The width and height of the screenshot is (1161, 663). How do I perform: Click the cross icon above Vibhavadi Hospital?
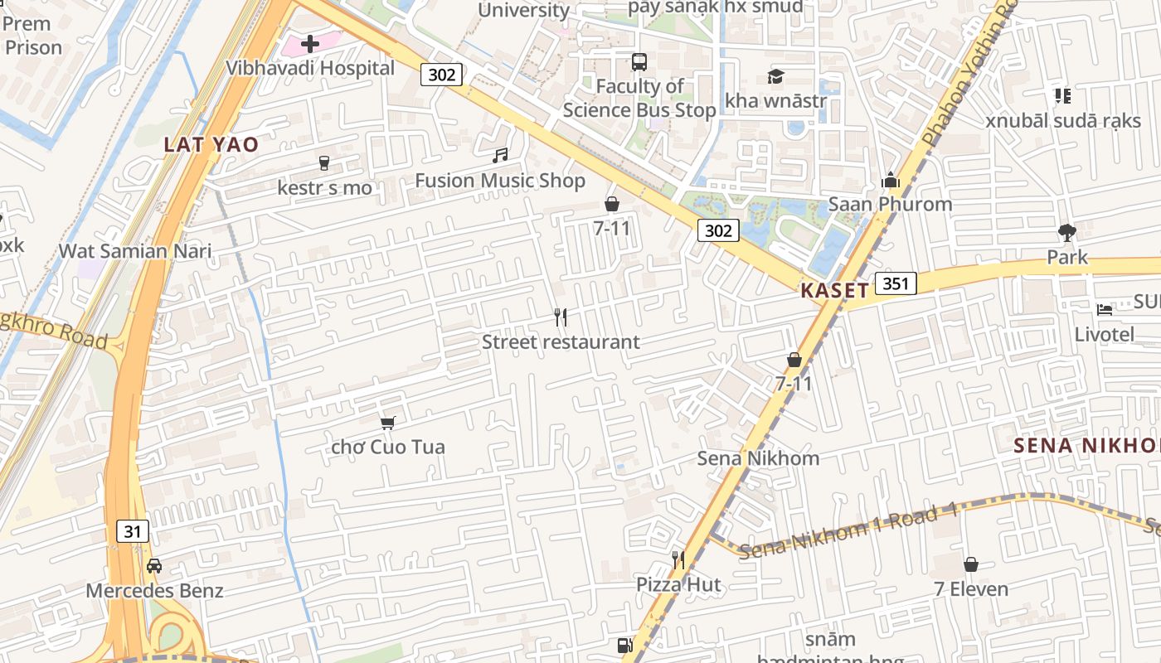(310, 43)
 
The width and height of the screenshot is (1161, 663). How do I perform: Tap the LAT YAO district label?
(211, 144)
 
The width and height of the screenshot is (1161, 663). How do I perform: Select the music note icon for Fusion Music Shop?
(500, 155)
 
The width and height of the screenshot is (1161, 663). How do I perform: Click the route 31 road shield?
(133, 531)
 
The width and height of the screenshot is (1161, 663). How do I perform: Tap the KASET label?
(834, 290)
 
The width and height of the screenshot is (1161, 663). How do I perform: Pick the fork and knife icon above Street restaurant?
(561, 317)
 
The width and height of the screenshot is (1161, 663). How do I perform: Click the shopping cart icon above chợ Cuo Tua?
(387, 423)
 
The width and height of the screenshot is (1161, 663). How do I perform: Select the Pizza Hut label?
(678, 584)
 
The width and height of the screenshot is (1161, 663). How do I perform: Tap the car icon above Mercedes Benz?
(154, 566)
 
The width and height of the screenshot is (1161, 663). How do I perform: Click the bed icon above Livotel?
(1104, 310)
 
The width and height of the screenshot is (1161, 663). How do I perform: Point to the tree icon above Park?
(1066, 233)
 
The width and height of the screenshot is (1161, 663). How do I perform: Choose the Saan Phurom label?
(890, 204)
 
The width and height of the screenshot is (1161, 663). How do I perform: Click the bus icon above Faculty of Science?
(639, 61)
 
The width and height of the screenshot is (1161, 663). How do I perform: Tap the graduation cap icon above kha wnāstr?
(775, 76)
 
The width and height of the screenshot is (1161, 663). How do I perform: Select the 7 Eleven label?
(971, 589)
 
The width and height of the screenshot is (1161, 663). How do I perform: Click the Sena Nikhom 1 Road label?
(848, 530)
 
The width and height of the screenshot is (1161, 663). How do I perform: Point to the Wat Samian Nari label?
(135, 250)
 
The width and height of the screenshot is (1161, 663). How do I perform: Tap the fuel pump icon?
(624, 645)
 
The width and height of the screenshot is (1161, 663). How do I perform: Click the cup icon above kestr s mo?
(324, 163)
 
